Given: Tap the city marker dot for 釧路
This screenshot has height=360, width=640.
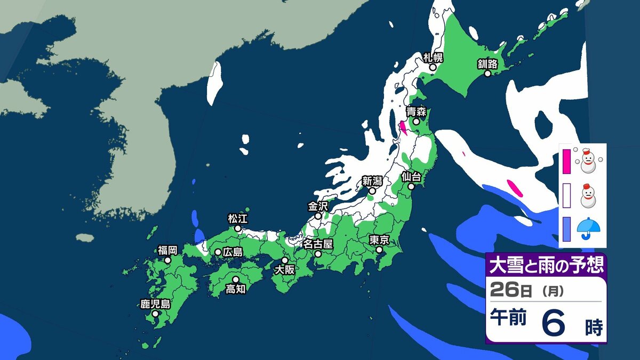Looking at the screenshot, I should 487,74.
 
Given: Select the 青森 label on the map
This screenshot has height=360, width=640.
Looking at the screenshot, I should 415,111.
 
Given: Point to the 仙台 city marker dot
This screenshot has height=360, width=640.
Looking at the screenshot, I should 411,187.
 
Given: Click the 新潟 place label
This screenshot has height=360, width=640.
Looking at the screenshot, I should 372,181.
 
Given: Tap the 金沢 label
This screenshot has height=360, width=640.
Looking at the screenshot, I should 318,206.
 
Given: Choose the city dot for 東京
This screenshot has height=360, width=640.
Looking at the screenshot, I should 379,249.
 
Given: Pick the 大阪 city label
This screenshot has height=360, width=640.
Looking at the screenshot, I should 284,270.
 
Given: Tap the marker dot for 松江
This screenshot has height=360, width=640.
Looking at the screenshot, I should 238,228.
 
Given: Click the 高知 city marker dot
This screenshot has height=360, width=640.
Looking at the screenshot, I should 236,279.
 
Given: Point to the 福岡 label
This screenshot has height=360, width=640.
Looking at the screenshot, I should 167,250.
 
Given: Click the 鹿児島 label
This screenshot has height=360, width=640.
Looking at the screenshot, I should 155,305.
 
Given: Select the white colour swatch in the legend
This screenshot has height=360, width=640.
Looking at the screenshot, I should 566,194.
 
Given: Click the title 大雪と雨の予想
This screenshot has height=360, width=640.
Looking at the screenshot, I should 546,265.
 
